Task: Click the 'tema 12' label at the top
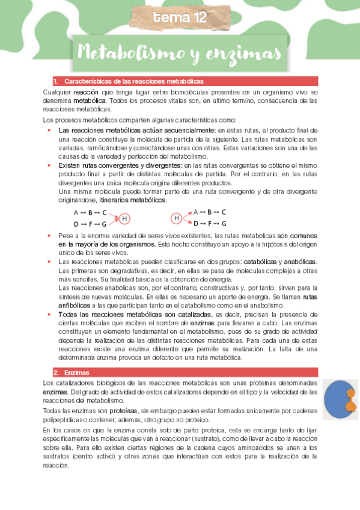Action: pyautogui.click(x=180, y=18)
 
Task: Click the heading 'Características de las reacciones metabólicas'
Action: pyautogui.click(x=133, y=81)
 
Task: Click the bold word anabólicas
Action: pyautogui.click(x=299, y=263)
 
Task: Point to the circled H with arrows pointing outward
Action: pyautogui.click(x=177, y=218)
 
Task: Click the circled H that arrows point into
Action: pyautogui.click(x=124, y=218)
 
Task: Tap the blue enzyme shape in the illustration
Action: pyautogui.click(x=336, y=402)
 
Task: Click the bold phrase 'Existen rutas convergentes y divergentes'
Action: pyautogui.click(x=120, y=165)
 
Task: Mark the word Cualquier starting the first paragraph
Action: pyautogui.click(x=57, y=92)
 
